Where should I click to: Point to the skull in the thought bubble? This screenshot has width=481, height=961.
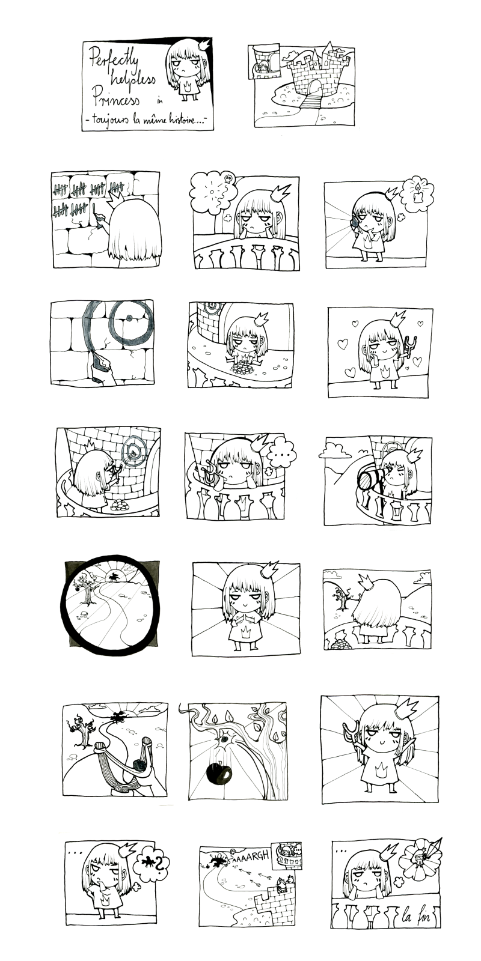pyautogui.click(x=228, y=177)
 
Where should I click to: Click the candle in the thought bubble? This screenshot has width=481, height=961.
pyautogui.click(x=417, y=195)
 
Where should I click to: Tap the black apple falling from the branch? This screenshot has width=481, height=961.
pyautogui.click(x=219, y=774)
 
